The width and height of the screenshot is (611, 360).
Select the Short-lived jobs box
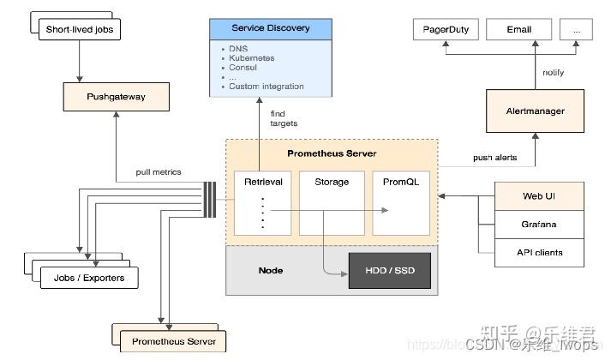click(x=80, y=30)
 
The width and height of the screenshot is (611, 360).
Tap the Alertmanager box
click(x=536, y=111)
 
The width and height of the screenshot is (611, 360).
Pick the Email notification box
click(x=519, y=29)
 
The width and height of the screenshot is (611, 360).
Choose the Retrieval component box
click(x=263, y=183)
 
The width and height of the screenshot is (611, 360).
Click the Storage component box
click(x=332, y=183)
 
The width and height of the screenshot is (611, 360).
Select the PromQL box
click(x=400, y=183)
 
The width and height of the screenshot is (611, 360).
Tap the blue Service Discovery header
click(x=270, y=27)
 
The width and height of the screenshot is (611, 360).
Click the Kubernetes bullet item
click(x=253, y=57)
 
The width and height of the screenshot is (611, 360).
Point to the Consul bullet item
click(x=244, y=67)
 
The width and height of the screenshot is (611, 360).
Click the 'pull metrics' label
click(x=159, y=172)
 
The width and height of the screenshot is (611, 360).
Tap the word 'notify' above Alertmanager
click(x=554, y=73)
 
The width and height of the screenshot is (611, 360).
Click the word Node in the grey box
click(x=271, y=271)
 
